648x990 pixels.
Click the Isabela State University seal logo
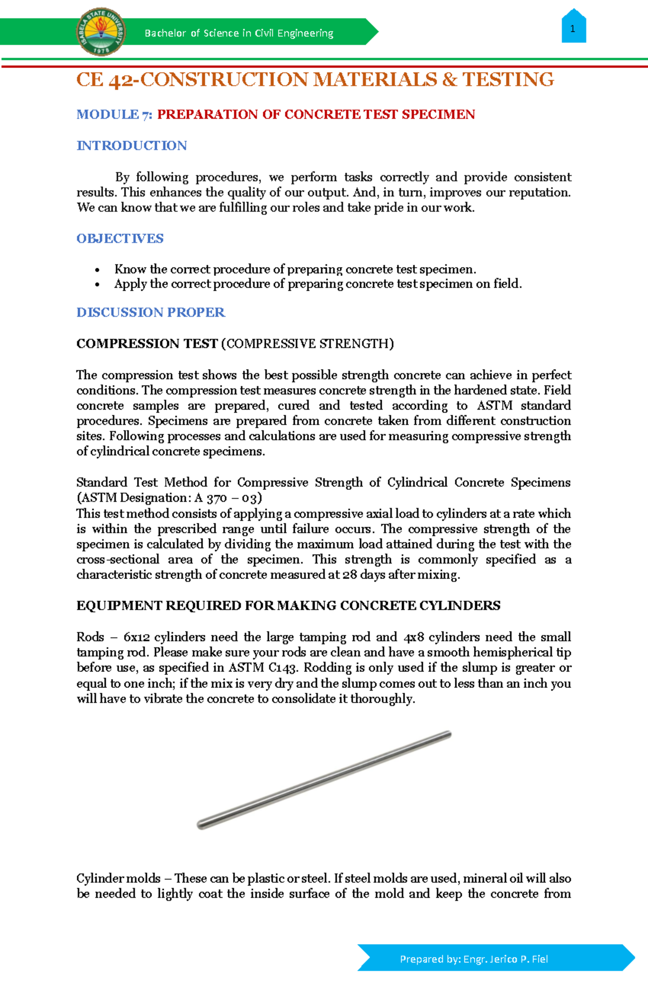click(x=102, y=32)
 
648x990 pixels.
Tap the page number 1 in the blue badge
click(x=573, y=29)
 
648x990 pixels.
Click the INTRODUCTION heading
click(x=132, y=146)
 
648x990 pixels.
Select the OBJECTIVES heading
click(x=120, y=238)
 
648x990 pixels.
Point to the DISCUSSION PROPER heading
click(x=151, y=312)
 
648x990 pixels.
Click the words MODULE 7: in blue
click(x=114, y=114)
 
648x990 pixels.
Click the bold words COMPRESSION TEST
click(x=147, y=344)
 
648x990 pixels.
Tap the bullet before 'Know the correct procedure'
click(x=97, y=270)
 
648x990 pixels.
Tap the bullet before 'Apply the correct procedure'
click(x=97, y=284)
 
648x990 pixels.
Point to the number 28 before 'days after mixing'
click(x=349, y=575)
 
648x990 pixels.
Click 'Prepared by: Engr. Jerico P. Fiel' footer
click(x=474, y=959)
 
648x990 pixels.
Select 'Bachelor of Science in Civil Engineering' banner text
click(x=239, y=33)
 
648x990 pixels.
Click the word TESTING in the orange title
click(x=508, y=80)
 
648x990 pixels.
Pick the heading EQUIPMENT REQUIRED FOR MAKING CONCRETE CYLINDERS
click(x=288, y=606)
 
